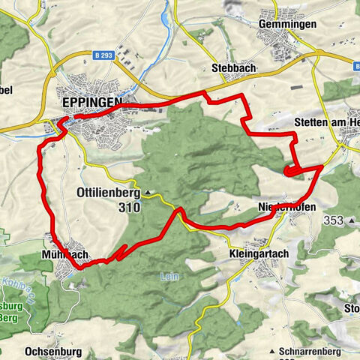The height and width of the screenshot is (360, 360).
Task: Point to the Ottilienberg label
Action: coord(109,193)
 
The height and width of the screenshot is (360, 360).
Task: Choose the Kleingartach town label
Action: coord(255,254)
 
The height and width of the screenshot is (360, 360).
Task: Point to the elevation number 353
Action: coord(333,220)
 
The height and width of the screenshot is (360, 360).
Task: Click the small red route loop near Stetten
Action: coord(291,172)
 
